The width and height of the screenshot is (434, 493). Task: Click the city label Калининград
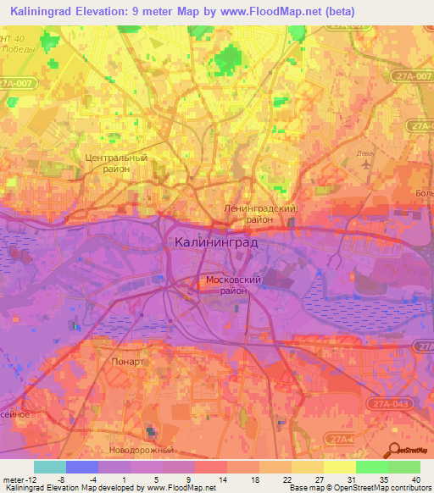click(216, 242)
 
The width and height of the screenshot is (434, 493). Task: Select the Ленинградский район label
click(259, 213)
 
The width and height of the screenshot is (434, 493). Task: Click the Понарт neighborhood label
click(128, 361)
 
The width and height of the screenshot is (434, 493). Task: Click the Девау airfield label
click(364, 154)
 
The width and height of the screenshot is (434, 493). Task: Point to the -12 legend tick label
click(25, 479)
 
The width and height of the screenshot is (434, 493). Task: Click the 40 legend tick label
click(415, 479)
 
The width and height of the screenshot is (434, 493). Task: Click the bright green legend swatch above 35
click(372, 467)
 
